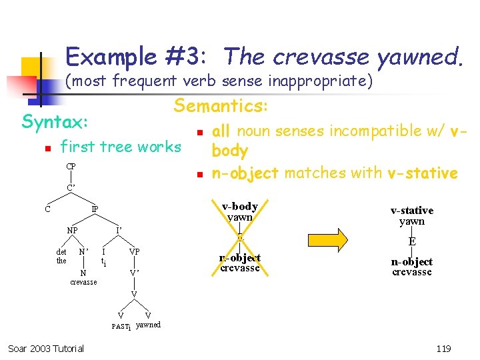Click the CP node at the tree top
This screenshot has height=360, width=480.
point(70,166)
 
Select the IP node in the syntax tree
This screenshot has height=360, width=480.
point(95,209)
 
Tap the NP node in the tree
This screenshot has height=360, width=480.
point(71,231)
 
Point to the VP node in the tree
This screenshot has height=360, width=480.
point(135,252)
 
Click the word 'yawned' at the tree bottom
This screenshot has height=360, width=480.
point(148,325)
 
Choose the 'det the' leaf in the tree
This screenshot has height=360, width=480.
point(61,256)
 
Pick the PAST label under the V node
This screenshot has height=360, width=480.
point(121,326)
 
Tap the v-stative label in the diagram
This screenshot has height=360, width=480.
point(411,211)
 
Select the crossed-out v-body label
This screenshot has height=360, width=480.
point(240,207)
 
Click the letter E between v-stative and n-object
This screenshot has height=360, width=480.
point(412,242)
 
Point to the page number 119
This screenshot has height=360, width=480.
point(442,348)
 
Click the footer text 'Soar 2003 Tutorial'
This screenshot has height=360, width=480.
point(46,348)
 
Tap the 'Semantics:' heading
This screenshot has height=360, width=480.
point(221,105)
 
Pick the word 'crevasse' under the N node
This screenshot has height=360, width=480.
point(83,282)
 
